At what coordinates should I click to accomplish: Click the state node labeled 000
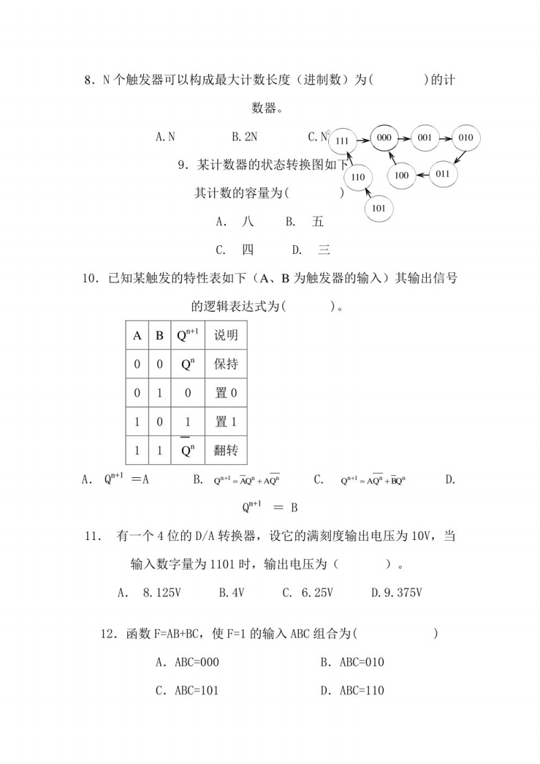pyautogui.click(x=383, y=138)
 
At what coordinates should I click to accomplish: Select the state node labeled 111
pyautogui.click(x=343, y=141)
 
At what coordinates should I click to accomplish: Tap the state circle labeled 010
pyautogui.click(x=466, y=138)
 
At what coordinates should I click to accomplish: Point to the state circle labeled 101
pyautogui.click(x=379, y=208)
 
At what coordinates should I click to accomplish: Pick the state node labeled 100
pyautogui.click(x=402, y=176)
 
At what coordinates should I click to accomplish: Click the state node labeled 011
pyautogui.click(x=443, y=173)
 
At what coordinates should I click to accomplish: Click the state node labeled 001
pyautogui.click(x=425, y=138)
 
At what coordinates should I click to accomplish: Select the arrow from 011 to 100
pyautogui.click(x=422, y=175)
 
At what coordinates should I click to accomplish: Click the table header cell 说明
pyautogui.click(x=225, y=335)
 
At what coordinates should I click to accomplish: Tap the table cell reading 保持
pyautogui.click(x=225, y=364)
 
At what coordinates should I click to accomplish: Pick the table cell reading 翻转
pyautogui.click(x=225, y=450)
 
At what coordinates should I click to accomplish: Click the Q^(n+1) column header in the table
pyautogui.click(x=188, y=335)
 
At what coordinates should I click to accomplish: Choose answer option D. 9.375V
pyautogui.click(x=397, y=592)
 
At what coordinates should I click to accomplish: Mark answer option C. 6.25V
pyautogui.click(x=307, y=592)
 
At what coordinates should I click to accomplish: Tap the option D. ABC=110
pyautogui.click(x=352, y=690)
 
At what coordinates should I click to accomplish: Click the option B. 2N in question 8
pyautogui.click(x=244, y=136)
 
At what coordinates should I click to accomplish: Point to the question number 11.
pyautogui.click(x=93, y=537)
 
